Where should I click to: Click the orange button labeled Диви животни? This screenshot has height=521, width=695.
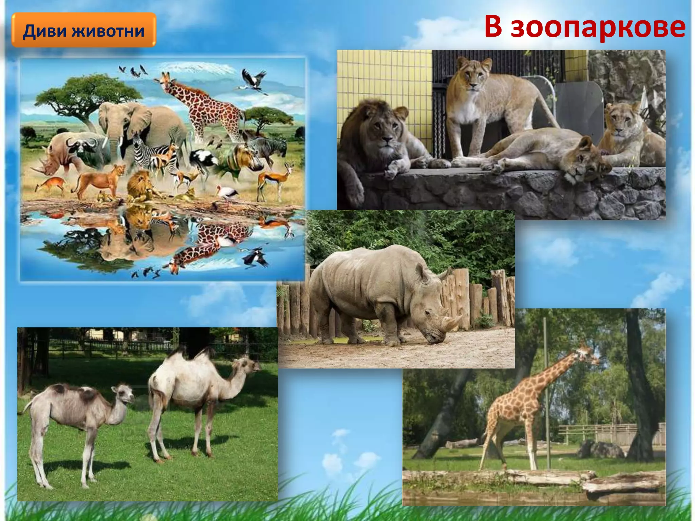click(84, 30)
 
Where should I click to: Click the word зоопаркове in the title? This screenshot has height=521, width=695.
click(598, 27)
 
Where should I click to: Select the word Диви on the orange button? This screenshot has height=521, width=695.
click(44, 31)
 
